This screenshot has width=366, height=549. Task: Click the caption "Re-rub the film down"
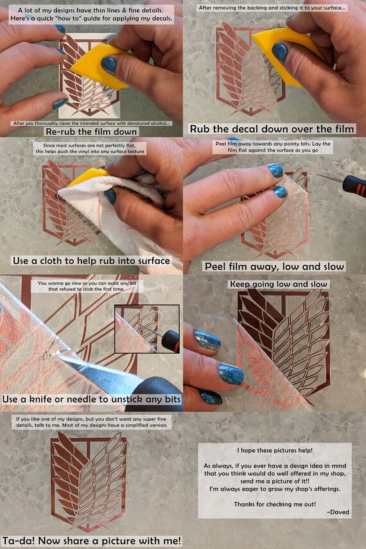[x=91, y=132]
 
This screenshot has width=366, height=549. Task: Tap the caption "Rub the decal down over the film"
[x=272, y=129]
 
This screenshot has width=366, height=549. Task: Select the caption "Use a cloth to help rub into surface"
[x=91, y=261]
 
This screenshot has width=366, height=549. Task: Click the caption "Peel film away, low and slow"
[x=275, y=266]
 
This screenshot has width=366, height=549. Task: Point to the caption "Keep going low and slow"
[x=279, y=284]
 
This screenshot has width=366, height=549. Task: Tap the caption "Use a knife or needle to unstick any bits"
[x=91, y=399]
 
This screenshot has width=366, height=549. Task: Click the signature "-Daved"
[x=338, y=512]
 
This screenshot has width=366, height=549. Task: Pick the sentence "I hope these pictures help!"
[x=275, y=450]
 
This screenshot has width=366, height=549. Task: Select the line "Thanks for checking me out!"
[x=275, y=504]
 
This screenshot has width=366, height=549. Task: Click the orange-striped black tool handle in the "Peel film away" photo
[x=354, y=186]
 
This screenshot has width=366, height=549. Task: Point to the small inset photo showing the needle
[x=147, y=329]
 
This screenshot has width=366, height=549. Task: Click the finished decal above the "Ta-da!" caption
[x=89, y=482]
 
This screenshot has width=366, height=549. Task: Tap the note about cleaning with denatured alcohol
[x=91, y=123]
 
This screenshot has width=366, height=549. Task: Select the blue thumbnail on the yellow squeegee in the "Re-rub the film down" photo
[x=109, y=65]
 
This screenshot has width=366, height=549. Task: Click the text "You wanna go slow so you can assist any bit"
[x=87, y=283]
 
